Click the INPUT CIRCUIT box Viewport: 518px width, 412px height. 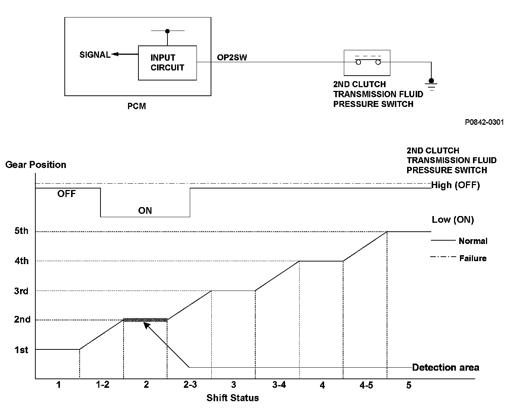coord(167,63)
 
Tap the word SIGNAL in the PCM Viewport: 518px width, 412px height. coord(95,55)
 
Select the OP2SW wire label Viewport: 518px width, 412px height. coord(232,57)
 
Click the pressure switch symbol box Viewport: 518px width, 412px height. coord(367,63)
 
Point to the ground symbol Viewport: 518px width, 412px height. coord(431,85)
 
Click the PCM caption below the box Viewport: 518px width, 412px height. coord(137,107)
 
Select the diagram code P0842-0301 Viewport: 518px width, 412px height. coord(484,122)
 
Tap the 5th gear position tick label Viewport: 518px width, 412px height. coord(21,231)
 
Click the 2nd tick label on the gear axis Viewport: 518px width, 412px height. coord(22,320)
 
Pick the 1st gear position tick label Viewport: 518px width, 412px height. coord(21,350)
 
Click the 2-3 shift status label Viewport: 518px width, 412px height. coord(190,385)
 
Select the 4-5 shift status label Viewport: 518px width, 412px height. coord(366,385)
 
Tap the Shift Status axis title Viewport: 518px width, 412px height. coord(233,398)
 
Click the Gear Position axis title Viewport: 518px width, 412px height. coord(36,165)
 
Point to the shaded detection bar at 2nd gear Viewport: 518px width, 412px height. coord(145,320)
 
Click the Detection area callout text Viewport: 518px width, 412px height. coord(445,368)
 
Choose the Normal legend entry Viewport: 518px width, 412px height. coord(473,241)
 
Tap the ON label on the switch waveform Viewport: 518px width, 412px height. coord(145,210)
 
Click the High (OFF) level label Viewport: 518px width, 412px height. coord(455,185)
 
